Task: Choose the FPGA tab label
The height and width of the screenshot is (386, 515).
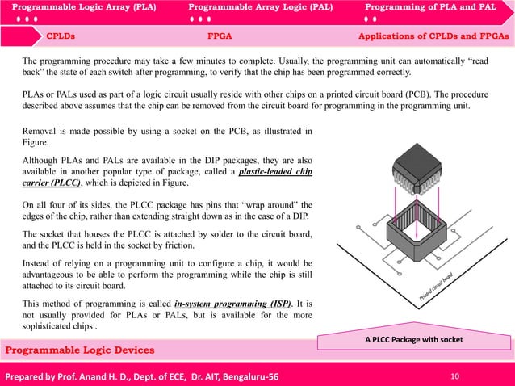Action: coord(220,36)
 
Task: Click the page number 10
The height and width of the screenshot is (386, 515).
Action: coord(455,376)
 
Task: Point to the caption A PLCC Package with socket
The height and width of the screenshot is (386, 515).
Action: coord(413,340)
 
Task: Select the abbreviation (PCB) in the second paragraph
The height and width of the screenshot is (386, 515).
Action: coord(463,94)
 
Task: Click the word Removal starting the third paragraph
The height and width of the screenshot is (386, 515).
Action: coord(40,132)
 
